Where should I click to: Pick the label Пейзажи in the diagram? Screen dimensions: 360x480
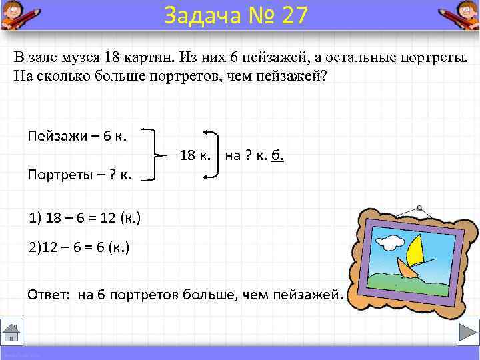click(x=56, y=135)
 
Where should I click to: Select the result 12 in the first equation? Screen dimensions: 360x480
click(x=105, y=218)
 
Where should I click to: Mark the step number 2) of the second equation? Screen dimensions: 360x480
click(x=35, y=247)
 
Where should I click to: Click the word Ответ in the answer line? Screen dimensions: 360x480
click(x=49, y=294)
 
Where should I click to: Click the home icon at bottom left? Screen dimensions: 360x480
click(x=13, y=332)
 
